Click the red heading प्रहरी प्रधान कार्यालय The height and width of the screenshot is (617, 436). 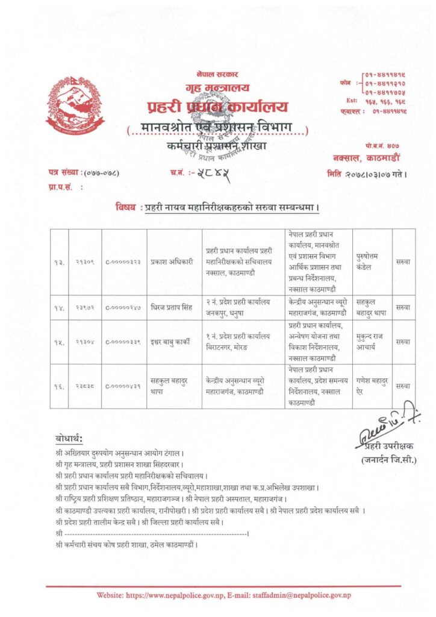click(x=218, y=107)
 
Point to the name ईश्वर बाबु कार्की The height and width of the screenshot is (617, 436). click(x=173, y=342)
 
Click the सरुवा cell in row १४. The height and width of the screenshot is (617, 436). click(x=403, y=307)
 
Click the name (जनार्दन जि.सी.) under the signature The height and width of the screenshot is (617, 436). click(x=388, y=460)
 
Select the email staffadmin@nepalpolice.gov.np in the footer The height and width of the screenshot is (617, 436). click(x=313, y=595)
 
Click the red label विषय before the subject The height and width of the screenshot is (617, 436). click(x=125, y=207)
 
